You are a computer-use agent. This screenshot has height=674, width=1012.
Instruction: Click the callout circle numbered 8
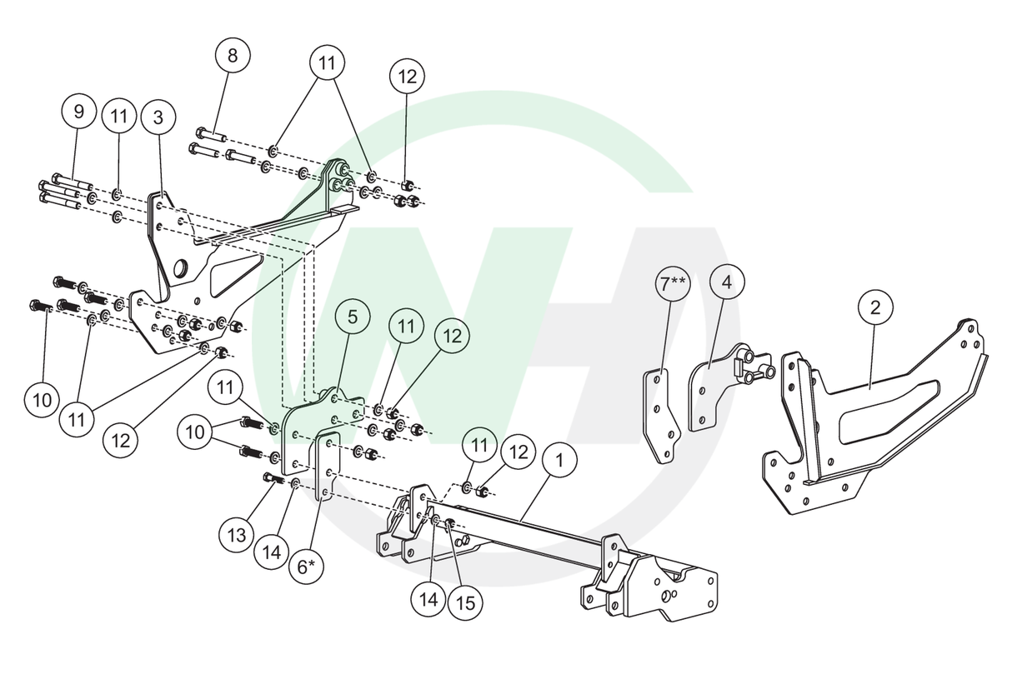point(232,56)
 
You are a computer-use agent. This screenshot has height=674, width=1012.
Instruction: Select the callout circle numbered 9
point(79,111)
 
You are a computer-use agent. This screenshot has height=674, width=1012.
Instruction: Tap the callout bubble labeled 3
point(158,117)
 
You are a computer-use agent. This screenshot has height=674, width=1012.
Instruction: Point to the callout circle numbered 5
point(353,317)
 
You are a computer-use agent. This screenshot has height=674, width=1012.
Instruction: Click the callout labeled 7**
point(672,284)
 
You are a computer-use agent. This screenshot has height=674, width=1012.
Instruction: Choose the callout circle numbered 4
point(727,282)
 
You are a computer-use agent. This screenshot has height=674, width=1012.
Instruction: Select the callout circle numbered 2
point(875,307)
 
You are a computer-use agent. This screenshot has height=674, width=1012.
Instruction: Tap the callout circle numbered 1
point(559,459)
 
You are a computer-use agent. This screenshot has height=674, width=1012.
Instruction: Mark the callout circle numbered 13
point(237,533)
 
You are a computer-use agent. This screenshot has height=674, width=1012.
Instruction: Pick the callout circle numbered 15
point(466,603)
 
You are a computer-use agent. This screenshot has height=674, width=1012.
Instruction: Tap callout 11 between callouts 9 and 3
point(119,117)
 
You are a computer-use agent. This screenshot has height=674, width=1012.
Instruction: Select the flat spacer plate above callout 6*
point(326,467)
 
